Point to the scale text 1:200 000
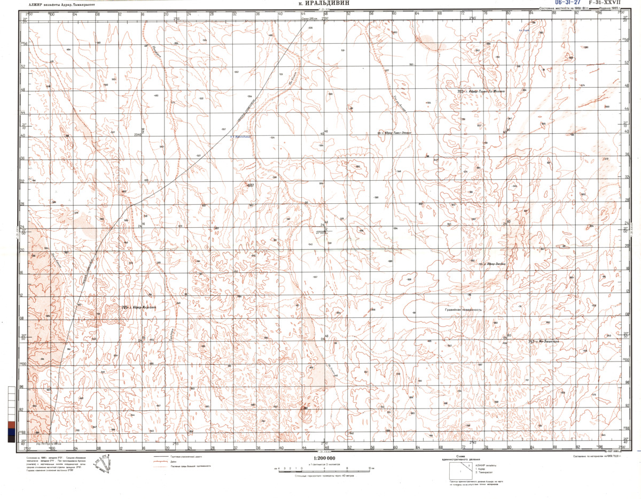tap(320, 458)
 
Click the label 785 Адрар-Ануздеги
tap(138, 307)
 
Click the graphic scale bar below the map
tap(320, 467)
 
